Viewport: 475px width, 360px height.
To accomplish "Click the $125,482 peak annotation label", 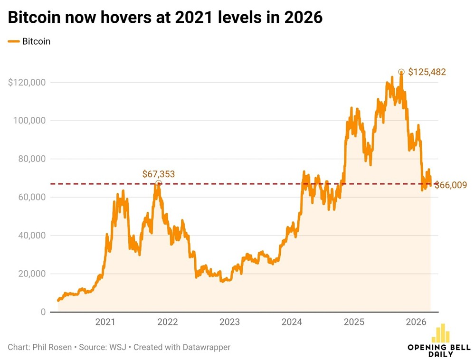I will [427, 72].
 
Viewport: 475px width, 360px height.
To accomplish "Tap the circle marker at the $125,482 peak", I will [401, 72].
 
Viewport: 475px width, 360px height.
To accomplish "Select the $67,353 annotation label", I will [159, 174].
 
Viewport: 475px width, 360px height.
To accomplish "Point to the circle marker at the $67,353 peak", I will [159, 183].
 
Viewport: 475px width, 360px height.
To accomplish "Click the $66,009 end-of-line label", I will [450, 185].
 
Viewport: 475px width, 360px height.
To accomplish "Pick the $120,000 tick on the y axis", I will [27, 83].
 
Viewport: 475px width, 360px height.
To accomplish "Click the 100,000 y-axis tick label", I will [29, 121].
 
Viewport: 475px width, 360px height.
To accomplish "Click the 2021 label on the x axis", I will [105, 322].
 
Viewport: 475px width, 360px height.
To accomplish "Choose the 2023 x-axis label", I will [229, 322].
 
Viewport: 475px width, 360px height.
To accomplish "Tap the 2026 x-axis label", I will [416, 322].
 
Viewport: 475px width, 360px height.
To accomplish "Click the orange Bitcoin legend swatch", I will [14, 41].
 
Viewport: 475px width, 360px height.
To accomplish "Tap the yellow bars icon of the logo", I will [441, 333].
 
